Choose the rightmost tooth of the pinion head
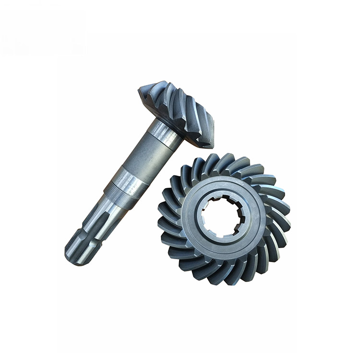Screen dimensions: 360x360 pyautogui.click(x=209, y=130)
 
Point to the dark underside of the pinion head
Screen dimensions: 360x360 pyautogui.click(x=190, y=134)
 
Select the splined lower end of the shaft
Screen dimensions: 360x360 pyautogui.click(x=86, y=235)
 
